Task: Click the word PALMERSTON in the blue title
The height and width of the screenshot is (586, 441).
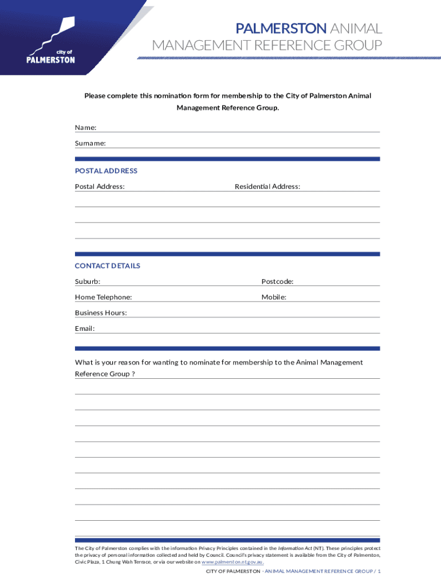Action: click(x=281, y=28)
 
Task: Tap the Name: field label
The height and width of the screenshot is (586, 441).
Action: click(x=85, y=127)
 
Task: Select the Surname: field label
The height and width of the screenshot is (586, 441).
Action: click(x=90, y=143)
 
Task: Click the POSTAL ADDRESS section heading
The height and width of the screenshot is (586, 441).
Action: click(x=106, y=171)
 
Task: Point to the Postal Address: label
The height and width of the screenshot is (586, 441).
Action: click(x=100, y=186)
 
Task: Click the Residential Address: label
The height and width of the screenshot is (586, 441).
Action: click(x=267, y=186)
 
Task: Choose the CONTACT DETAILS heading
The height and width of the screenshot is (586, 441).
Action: click(x=107, y=266)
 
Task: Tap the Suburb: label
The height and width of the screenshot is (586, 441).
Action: click(x=88, y=281)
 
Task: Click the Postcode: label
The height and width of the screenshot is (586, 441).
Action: click(x=278, y=281)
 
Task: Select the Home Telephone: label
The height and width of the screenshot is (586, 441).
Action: click(x=103, y=297)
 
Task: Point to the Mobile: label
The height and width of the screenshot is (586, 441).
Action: click(x=274, y=297)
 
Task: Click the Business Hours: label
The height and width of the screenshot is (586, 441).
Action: click(x=101, y=312)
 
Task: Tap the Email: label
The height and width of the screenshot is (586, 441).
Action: click(x=85, y=328)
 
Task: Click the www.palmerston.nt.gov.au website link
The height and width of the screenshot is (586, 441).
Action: click(x=233, y=562)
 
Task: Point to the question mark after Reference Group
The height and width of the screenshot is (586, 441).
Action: click(x=133, y=374)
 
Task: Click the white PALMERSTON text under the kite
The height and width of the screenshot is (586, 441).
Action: click(x=52, y=60)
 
